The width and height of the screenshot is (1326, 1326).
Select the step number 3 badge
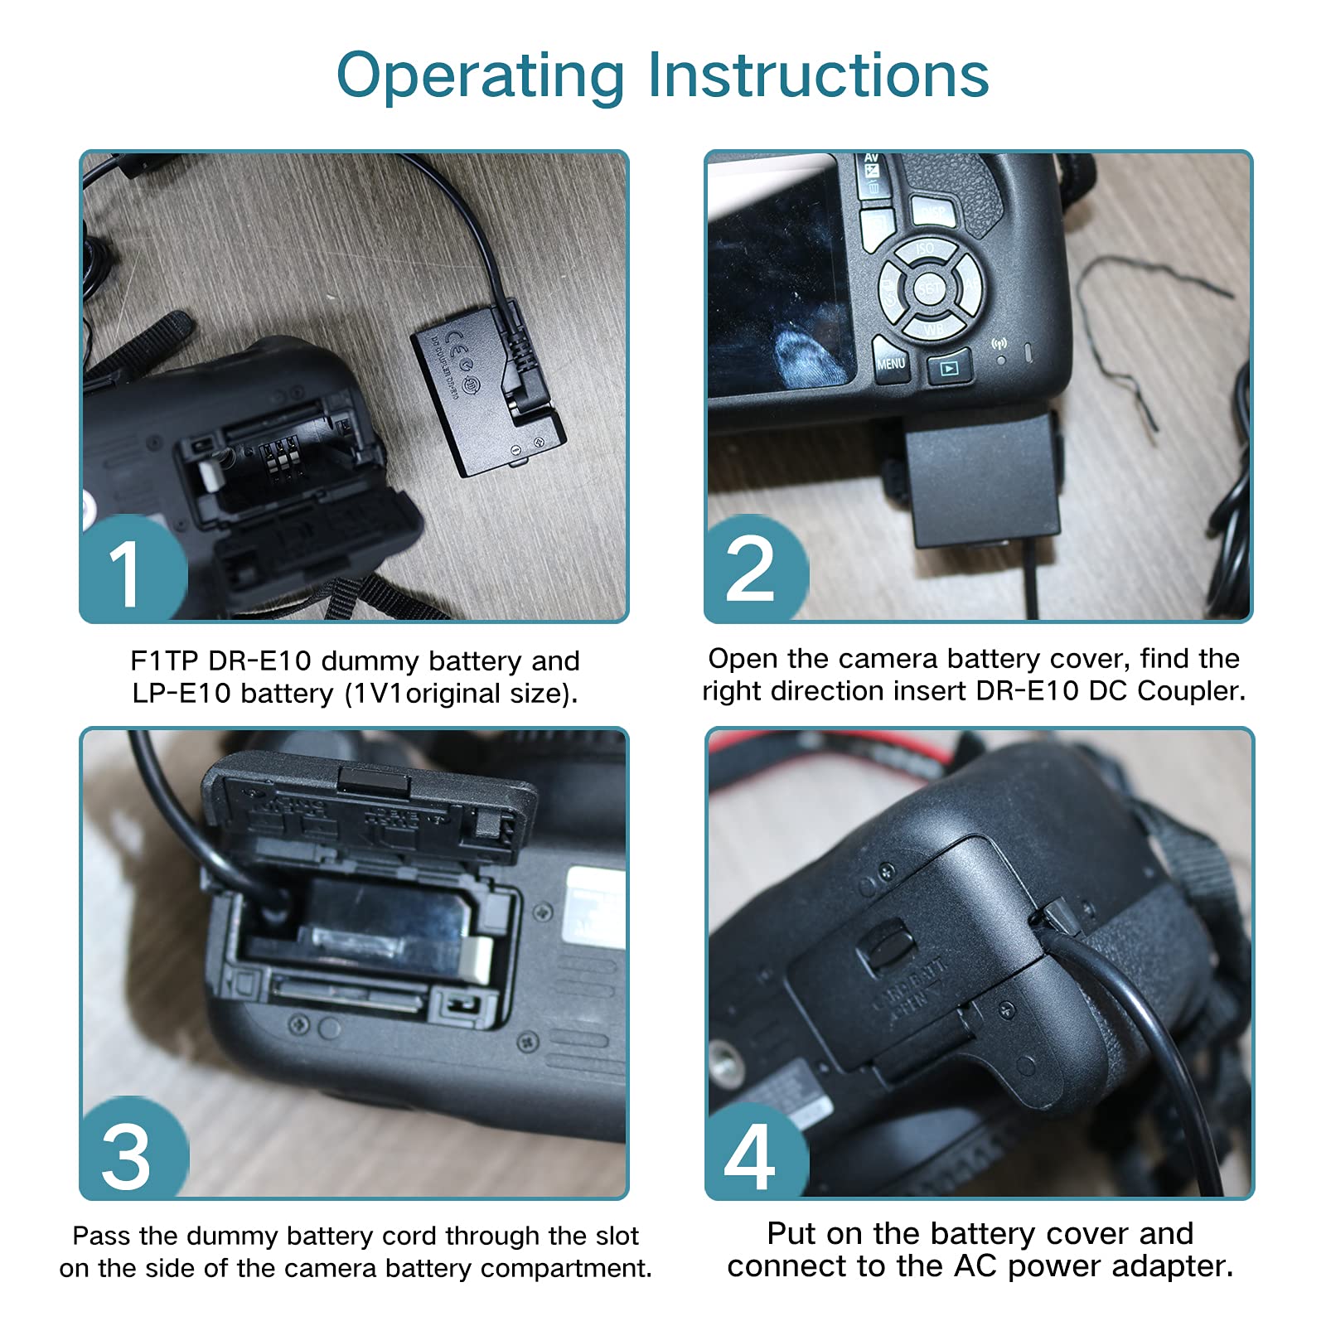pyautogui.click(x=128, y=1155)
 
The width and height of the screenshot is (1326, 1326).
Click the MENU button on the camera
pyautogui.click(x=891, y=364)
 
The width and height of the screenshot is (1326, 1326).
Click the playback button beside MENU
pyautogui.click(x=950, y=368)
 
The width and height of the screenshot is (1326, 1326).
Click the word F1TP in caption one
pyautogui.click(x=162, y=661)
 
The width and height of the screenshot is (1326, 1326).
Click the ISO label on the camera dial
pyautogui.click(x=925, y=249)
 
